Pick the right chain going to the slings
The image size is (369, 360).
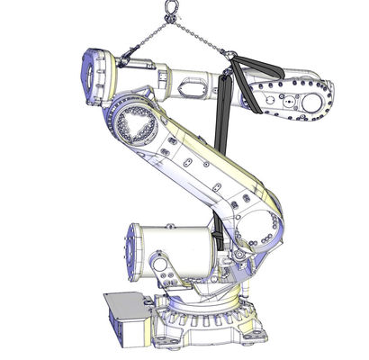[203, 37]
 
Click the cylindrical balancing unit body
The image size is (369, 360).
[175, 251]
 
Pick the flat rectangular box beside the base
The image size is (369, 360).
[126, 318]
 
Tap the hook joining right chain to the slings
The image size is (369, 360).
[232, 56]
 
